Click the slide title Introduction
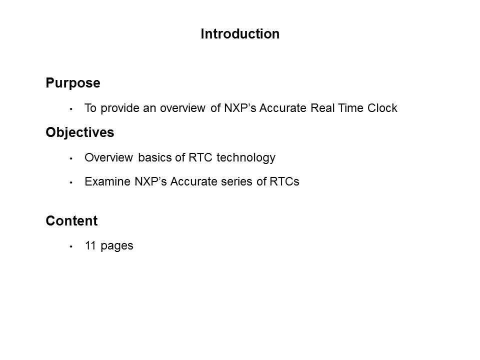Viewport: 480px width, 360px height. pyautogui.click(x=240, y=33)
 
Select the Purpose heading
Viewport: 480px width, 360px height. pyautogui.click(x=73, y=83)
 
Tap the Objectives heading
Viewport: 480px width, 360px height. pyautogui.click(x=80, y=132)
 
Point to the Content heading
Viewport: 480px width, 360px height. pyautogui.click(x=71, y=220)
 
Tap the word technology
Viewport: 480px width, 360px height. pyautogui.click(x=246, y=158)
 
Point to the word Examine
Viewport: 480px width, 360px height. pyautogui.click(x=108, y=181)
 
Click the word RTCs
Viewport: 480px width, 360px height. pyautogui.click(x=284, y=181)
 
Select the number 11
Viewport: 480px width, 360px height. pyautogui.click(x=91, y=245)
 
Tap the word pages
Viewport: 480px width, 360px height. pyautogui.click(x=117, y=246)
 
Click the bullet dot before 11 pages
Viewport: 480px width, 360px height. pyautogui.click(x=71, y=246)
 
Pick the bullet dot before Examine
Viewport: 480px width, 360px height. pyautogui.click(x=71, y=182)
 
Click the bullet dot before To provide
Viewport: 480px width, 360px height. pyautogui.click(x=71, y=109)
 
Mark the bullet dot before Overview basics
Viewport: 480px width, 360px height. pyautogui.click(x=71, y=158)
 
